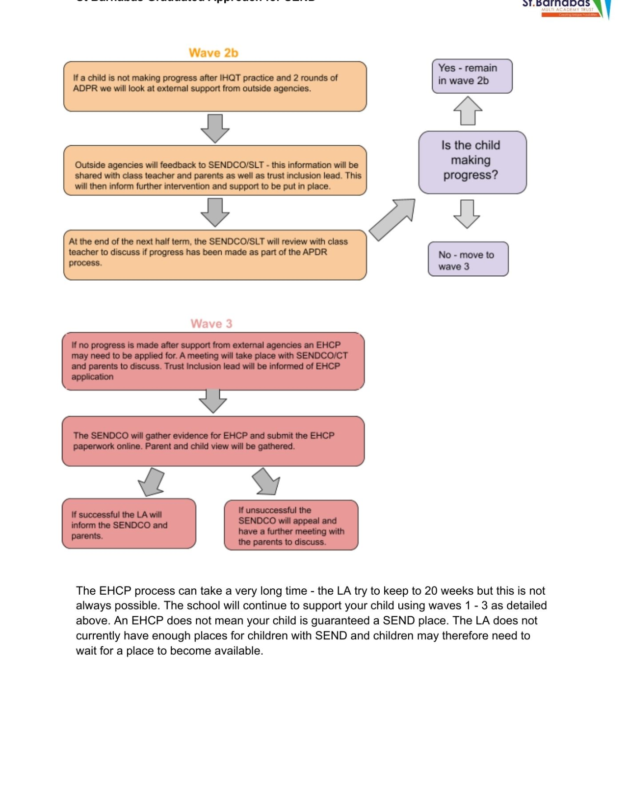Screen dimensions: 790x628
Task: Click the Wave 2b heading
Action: click(x=213, y=53)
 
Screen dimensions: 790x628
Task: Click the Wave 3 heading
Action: click(x=211, y=324)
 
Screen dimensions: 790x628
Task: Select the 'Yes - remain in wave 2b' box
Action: click(x=472, y=76)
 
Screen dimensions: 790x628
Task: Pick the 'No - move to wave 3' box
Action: click(x=468, y=259)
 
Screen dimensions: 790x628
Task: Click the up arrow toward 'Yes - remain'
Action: click(x=468, y=111)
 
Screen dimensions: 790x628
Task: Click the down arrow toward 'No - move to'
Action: click(x=467, y=214)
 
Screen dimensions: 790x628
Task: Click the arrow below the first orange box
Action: click(x=215, y=128)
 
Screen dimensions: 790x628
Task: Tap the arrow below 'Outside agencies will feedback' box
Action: click(x=215, y=212)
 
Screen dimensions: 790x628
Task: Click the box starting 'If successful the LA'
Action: click(x=129, y=524)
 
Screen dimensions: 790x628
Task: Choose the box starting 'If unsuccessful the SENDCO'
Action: click(x=291, y=525)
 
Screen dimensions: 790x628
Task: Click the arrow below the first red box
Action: click(x=213, y=401)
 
